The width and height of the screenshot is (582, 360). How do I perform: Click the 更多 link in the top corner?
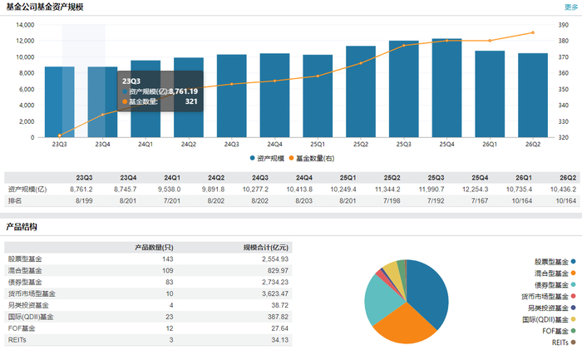coord(571,7)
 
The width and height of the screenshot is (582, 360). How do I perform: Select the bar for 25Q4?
coord(446,88)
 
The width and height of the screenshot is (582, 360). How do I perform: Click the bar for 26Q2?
coord(533,96)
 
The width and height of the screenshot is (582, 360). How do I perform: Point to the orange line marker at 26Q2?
coord(533,32)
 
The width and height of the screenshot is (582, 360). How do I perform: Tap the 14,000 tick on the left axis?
coord(25,25)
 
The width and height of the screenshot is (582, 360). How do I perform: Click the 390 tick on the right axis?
coord(563,25)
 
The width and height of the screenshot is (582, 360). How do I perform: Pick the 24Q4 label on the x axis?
coord(274,144)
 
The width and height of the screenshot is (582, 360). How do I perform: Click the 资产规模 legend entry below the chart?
coord(267,159)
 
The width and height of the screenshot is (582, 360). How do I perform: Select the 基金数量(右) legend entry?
coord(312,159)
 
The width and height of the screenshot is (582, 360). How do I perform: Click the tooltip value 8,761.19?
coord(184,91)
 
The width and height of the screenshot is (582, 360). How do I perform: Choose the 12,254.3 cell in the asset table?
coord(475,190)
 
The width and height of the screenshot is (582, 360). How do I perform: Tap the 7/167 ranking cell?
coord(480,200)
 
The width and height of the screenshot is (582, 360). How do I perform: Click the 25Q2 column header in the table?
coord(392,178)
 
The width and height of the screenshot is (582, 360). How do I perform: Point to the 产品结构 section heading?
coord(22,227)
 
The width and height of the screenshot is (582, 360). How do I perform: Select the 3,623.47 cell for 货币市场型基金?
coord(275,293)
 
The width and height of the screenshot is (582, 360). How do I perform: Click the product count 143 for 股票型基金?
coord(168,259)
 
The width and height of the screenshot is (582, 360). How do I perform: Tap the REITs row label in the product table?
coord(17,340)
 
